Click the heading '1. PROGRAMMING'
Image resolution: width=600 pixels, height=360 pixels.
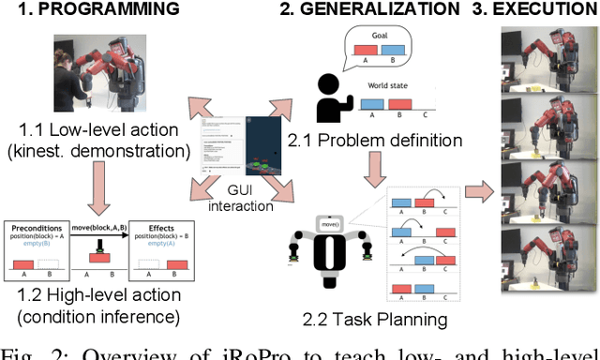point(91,10)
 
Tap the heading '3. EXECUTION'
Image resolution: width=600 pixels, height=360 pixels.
point(533,10)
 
